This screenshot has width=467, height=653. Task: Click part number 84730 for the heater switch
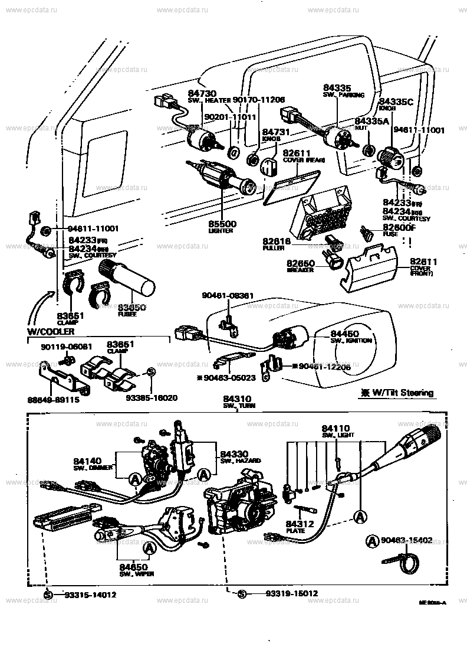(202, 93)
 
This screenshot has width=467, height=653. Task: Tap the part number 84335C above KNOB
(396, 102)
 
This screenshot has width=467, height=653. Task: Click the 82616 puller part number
(277, 241)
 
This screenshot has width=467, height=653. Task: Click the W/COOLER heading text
(50, 332)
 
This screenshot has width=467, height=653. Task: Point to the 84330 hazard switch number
(234, 453)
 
